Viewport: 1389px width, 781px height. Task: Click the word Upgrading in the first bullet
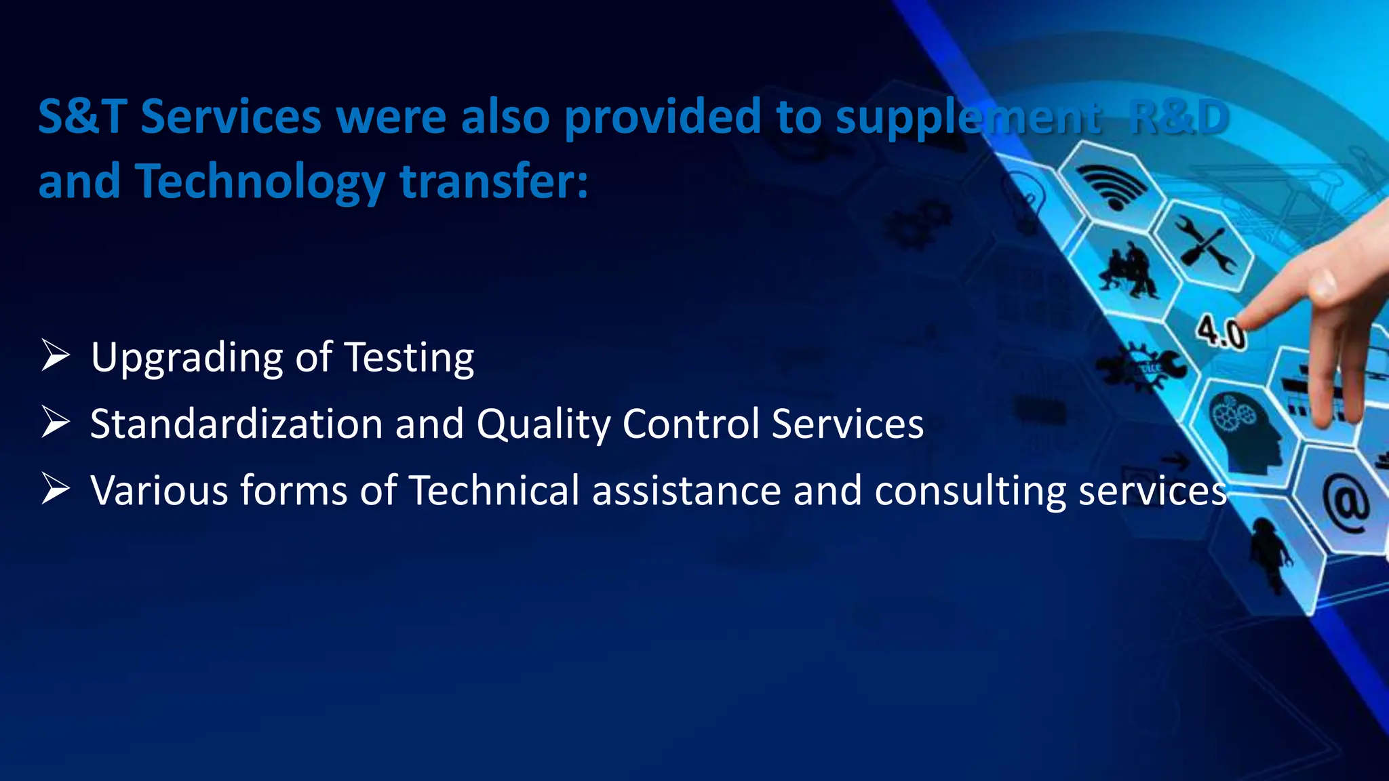pos(187,357)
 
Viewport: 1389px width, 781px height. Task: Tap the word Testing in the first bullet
pos(410,357)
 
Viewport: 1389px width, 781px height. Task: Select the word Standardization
pos(237,424)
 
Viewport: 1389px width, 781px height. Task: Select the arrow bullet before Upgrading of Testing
pos(55,356)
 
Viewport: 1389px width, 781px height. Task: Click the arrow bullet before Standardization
pos(55,422)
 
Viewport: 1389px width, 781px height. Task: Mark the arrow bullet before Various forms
pos(55,489)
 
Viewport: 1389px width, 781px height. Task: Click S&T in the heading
pos(82,117)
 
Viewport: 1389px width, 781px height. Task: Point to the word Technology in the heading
pos(260,182)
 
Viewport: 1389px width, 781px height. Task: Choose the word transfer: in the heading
pos(494,182)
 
